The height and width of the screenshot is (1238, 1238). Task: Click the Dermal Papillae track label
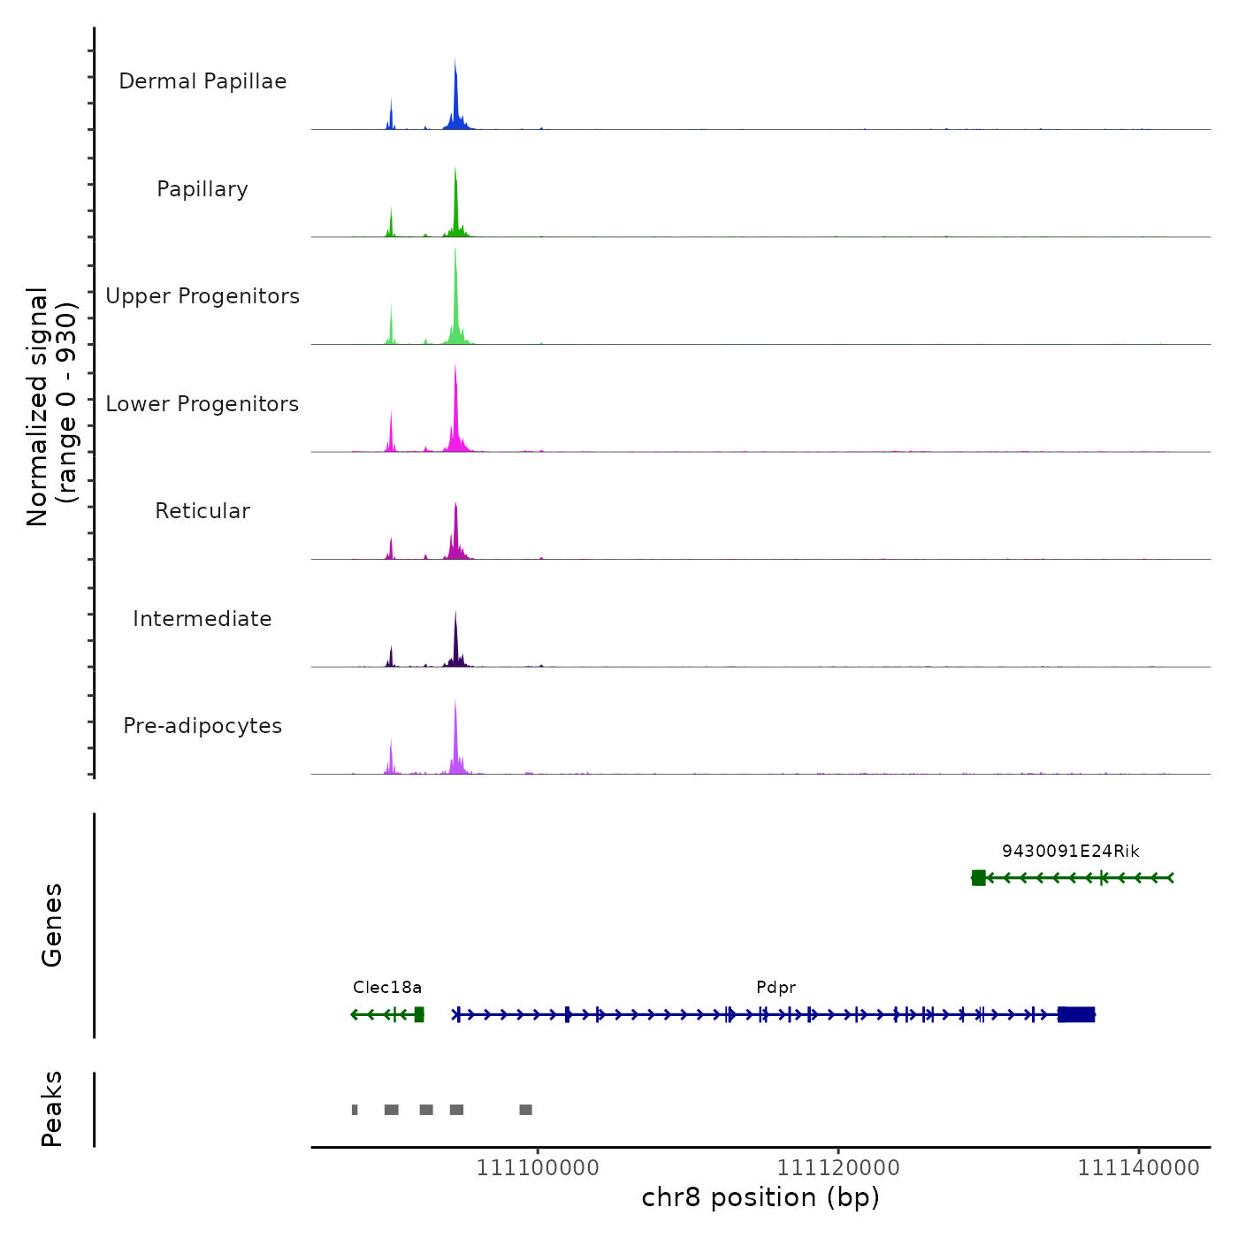pos(203,81)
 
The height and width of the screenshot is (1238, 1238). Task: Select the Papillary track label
pos(203,189)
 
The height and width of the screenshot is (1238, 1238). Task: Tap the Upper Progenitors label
pos(203,296)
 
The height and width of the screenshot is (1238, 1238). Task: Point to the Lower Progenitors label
pos(203,404)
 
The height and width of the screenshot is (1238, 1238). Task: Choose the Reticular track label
pos(203,511)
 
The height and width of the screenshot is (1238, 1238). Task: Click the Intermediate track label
pos(203,619)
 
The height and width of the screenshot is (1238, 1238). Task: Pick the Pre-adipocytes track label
pos(203,726)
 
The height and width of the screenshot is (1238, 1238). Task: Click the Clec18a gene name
pos(387,988)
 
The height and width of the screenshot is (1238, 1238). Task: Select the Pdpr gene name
pos(776,988)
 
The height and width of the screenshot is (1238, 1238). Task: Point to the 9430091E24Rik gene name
pos(1070,852)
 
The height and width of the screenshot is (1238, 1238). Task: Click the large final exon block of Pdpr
pos(1076,1014)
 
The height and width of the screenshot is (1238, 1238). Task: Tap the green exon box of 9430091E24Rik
pos(978,878)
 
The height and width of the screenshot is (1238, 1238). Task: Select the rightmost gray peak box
pos(525,1110)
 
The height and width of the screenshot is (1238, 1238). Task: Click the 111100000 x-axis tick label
pos(538,1168)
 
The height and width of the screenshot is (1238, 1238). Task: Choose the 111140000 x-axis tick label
pos(1138,1168)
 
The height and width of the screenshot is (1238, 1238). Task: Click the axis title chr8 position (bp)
pos(760,1198)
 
